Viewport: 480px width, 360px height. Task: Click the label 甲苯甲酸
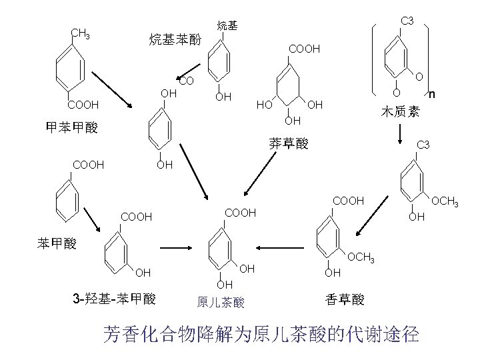point(71,127)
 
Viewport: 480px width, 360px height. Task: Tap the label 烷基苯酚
point(175,39)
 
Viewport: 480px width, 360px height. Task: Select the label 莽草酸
point(289,143)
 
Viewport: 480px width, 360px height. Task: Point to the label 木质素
point(400,111)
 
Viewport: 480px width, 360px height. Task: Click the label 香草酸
point(345,299)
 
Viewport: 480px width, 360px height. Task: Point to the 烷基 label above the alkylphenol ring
point(227,26)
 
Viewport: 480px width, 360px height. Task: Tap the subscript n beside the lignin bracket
point(432,95)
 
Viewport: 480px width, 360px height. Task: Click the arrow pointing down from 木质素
point(400,131)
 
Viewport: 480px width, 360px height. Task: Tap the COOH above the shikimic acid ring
point(304,49)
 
